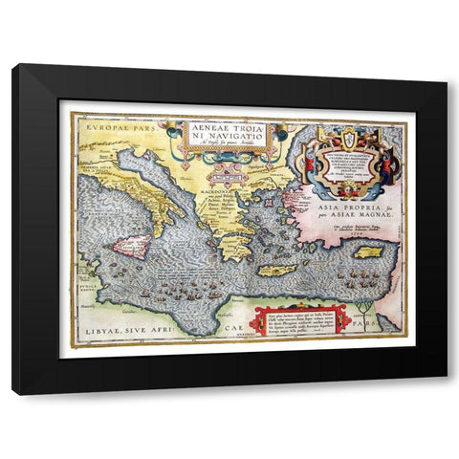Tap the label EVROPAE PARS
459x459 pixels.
tap(108, 125)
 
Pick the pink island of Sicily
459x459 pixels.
tap(132, 247)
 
